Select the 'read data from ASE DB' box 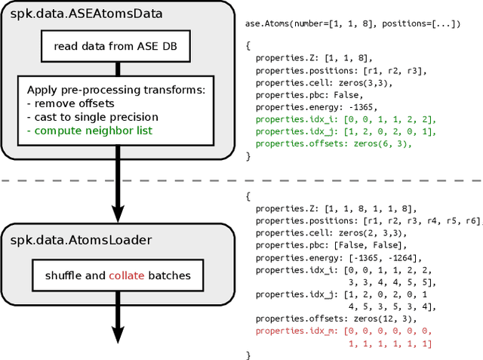click(115, 46)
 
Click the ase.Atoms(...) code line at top click(351, 23)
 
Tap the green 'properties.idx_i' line click(346, 118)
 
